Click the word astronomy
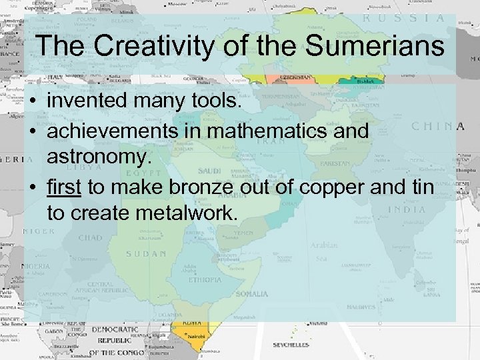97,157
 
